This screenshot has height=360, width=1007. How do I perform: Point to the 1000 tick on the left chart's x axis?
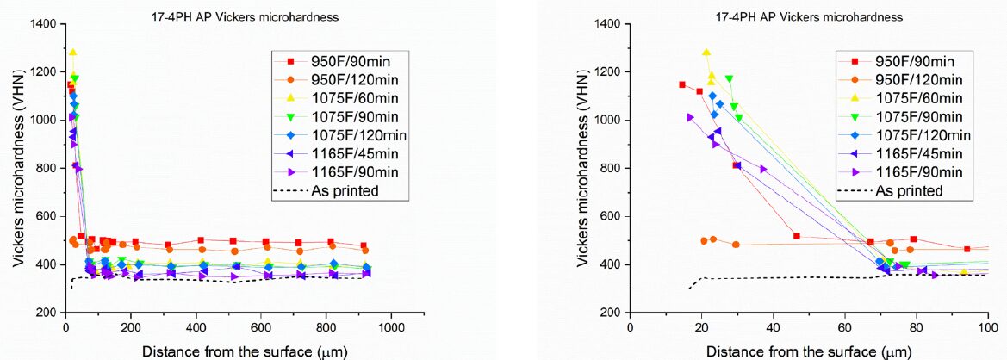[x=392, y=328]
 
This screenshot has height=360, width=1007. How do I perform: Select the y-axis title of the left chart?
[x=17, y=168]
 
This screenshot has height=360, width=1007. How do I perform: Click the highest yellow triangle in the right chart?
[x=706, y=53]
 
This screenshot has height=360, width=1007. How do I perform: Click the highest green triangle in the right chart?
[x=729, y=79]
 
